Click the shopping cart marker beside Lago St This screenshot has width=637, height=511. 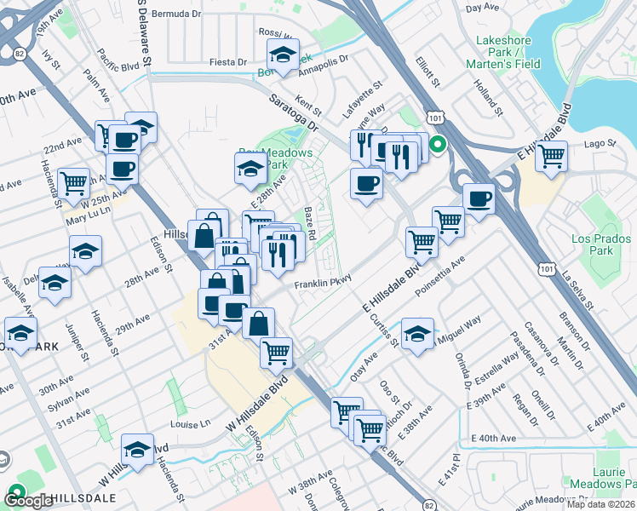(552, 157)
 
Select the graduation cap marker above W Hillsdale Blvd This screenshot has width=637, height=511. (136, 449)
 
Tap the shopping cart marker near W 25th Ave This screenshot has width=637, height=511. (74, 181)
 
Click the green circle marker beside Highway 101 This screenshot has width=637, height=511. (437, 145)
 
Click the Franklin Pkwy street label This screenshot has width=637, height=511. (323, 285)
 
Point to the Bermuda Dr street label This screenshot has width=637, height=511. (178, 14)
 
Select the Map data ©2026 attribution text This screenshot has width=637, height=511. (600, 504)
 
